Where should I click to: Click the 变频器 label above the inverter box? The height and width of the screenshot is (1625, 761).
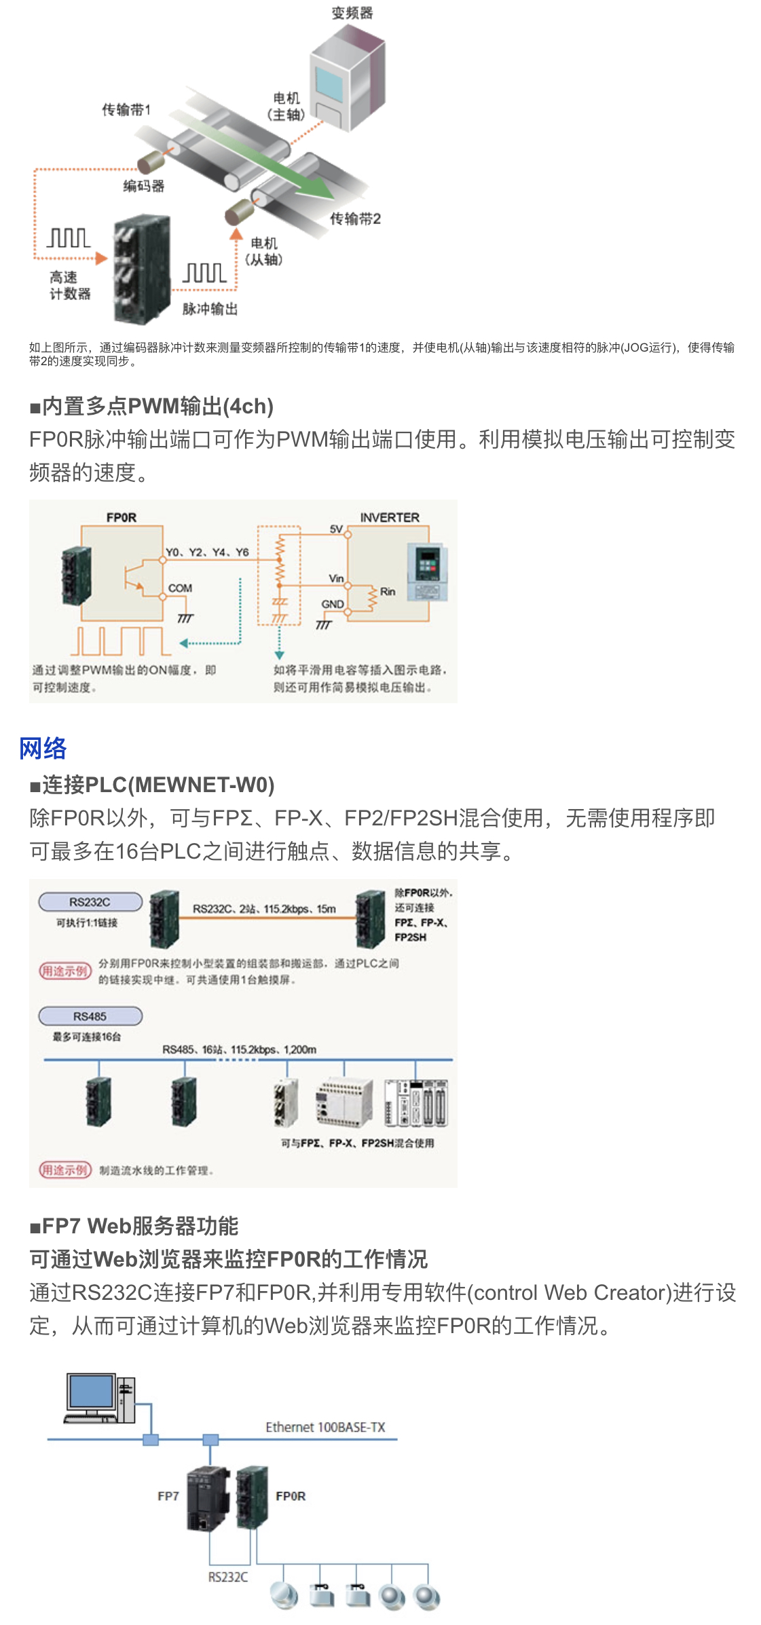[352, 13]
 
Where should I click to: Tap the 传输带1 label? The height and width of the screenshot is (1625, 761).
[126, 109]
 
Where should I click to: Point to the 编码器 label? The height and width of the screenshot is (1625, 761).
[144, 186]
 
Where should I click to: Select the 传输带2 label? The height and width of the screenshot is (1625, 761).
[355, 219]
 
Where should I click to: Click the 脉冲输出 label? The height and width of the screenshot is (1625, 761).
[210, 309]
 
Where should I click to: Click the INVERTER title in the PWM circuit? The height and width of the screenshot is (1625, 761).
[390, 517]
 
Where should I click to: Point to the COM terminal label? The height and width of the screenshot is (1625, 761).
[180, 588]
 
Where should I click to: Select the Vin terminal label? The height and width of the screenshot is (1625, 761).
[336, 578]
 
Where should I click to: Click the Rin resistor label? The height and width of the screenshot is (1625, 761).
[388, 592]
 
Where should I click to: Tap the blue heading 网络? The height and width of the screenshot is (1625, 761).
[43, 748]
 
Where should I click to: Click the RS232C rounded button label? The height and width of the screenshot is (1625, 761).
[90, 902]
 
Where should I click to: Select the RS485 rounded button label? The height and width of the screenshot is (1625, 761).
[90, 1016]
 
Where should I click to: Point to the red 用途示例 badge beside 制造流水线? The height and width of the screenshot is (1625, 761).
[64, 1170]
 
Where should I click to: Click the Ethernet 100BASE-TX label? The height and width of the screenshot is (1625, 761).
[325, 1427]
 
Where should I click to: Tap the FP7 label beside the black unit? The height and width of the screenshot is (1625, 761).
[168, 1496]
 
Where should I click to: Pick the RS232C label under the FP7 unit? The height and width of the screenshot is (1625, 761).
[228, 1577]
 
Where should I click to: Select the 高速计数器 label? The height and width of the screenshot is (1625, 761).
[69, 285]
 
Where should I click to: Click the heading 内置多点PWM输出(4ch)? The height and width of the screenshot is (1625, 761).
[151, 406]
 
